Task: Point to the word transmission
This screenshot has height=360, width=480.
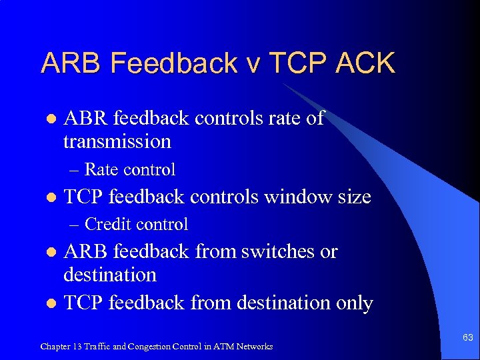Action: [117, 141]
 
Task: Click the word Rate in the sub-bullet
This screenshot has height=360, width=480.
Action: [99, 169]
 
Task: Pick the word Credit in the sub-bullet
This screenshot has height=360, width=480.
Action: [109, 224]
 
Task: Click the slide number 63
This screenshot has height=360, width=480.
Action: [468, 338]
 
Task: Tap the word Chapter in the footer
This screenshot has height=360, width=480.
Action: [55, 346]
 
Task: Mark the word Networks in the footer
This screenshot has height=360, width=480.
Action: [255, 346]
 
